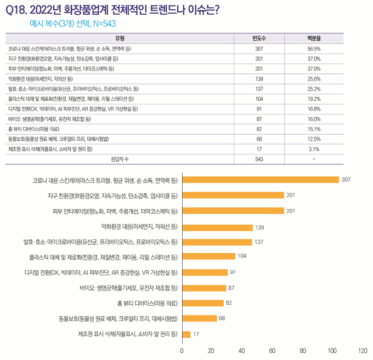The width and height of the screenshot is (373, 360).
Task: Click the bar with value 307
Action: pyautogui.click(x=260, y=180)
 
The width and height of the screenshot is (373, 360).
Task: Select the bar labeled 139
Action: pyautogui.click(x=217, y=226)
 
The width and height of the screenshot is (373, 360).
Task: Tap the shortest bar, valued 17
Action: pyautogui.click(x=186, y=334)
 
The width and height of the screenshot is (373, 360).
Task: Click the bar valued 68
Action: pyautogui.click(x=199, y=318)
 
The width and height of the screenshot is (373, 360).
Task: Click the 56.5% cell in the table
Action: pyautogui.click(x=314, y=49)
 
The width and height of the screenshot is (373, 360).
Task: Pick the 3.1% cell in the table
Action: pyautogui.click(x=314, y=148)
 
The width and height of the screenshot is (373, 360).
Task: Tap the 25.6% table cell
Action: pyautogui.click(x=314, y=79)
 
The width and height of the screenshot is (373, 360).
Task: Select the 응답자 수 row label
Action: pyautogui.click(x=120, y=159)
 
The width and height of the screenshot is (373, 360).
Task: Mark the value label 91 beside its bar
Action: pyautogui.click(x=233, y=272)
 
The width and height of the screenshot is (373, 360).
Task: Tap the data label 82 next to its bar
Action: pyautogui.click(x=229, y=303)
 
